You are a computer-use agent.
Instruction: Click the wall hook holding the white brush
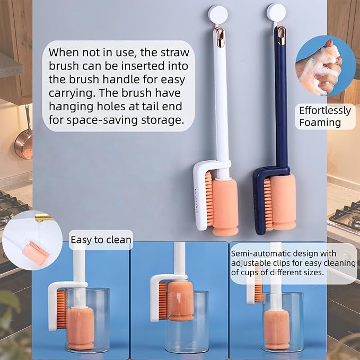click(218, 14)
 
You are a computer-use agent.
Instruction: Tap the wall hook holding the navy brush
click(276, 12)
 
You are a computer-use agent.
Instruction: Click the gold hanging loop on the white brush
click(220, 37)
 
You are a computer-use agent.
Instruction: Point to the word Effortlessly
click(325, 110)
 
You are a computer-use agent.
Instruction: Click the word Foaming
click(320, 122)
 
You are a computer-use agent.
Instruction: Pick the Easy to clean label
click(101, 240)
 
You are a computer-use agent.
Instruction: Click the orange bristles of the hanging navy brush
click(268, 204)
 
